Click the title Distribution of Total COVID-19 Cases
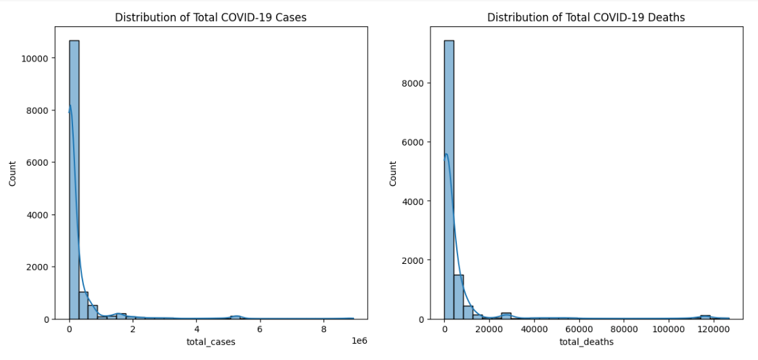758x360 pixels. coord(210,18)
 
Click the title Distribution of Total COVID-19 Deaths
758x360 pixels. coord(586,18)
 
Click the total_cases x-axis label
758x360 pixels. coord(210,342)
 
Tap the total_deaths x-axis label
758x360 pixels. coord(586,342)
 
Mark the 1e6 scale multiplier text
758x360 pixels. coord(361,341)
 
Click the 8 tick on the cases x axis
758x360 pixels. coord(324,330)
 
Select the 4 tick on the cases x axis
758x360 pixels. coord(196,330)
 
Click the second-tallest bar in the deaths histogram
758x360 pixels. coord(458,296)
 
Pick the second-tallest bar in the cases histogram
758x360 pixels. coord(83,305)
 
